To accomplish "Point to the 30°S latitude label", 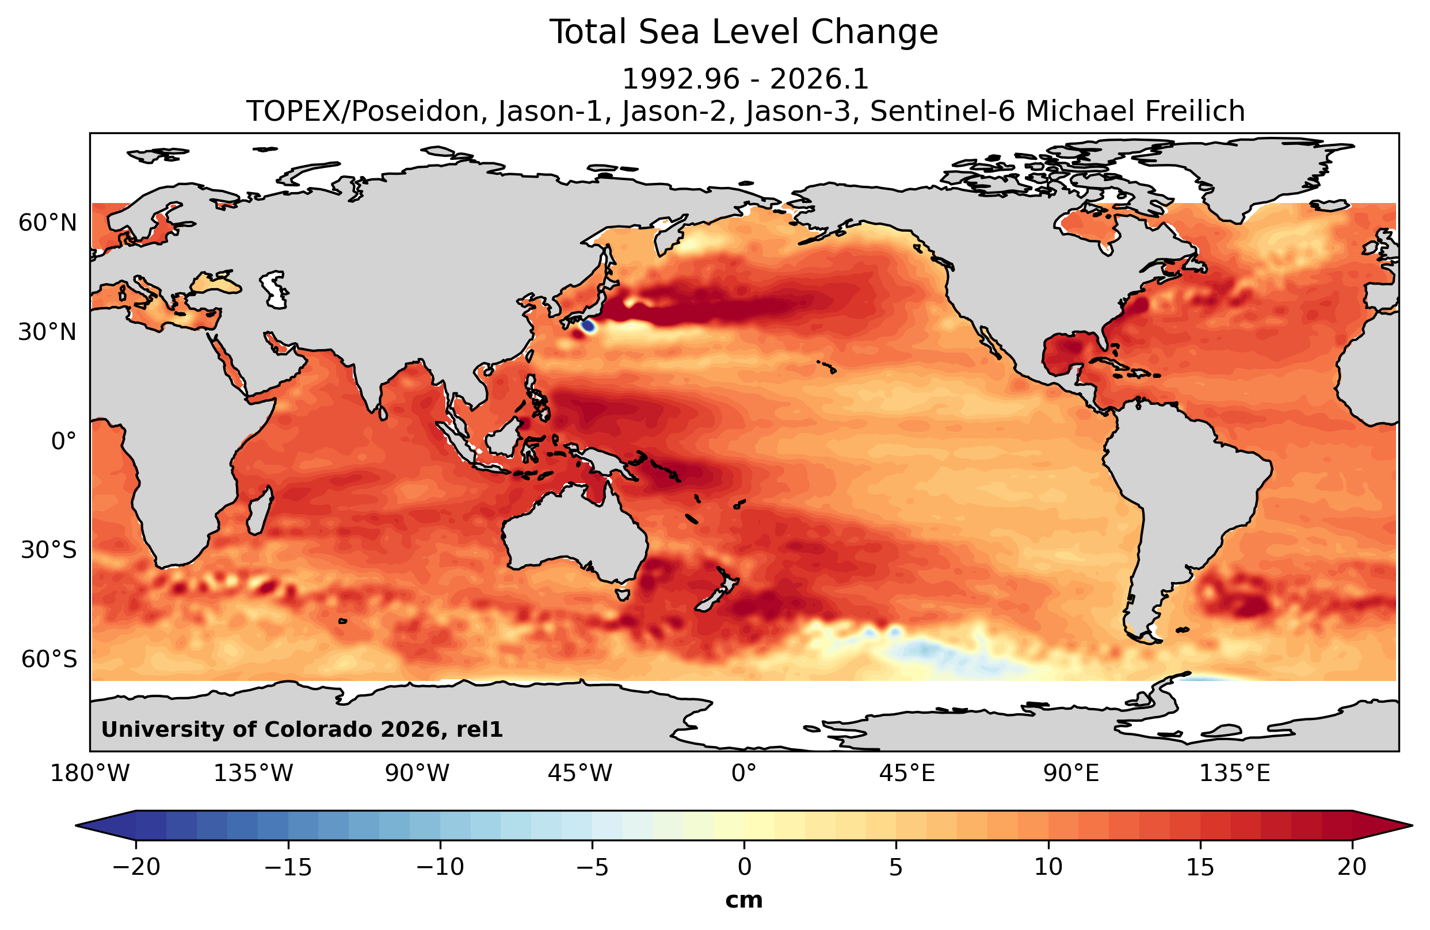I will click(x=49, y=550).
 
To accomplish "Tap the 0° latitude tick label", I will click(x=64, y=441).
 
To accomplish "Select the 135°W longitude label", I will click(x=254, y=774).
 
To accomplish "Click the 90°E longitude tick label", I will click(x=1071, y=774).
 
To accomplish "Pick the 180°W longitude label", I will click(x=90, y=774).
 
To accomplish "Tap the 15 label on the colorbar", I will click(x=1200, y=867).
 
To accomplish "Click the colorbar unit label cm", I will click(x=744, y=900).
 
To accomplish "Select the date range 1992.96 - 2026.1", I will click(x=745, y=79).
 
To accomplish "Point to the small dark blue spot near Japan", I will click(x=588, y=326).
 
